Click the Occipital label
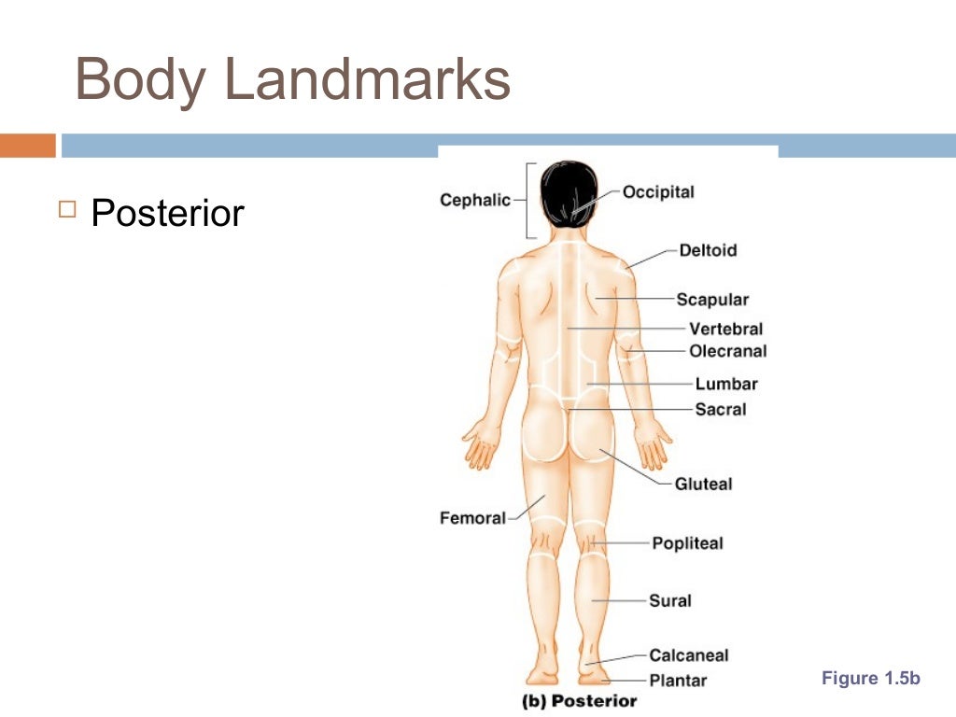(658, 192)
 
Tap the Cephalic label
(475, 200)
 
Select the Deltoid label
(708, 250)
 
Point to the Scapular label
(712, 300)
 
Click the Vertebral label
(725, 329)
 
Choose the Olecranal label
(727, 351)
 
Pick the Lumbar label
(726, 384)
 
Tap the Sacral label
(721, 409)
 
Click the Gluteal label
(704, 484)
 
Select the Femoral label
(472, 517)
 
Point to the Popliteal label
(687, 543)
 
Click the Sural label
(670, 600)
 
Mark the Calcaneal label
(689, 655)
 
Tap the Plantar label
(679, 681)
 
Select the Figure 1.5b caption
(870, 679)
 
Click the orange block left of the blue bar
(27, 146)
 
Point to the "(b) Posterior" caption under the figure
(579, 700)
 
